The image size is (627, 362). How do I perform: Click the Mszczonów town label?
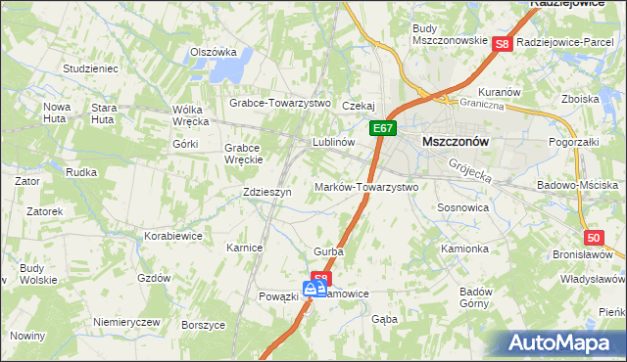(x=455, y=141)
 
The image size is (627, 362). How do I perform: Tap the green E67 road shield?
(x=383, y=129)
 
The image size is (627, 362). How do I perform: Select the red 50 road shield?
(x=594, y=238)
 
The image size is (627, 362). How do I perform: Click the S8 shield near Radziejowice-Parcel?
(x=502, y=44)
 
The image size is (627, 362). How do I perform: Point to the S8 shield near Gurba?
(x=321, y=279)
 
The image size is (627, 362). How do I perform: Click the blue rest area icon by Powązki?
(x=314, y=289)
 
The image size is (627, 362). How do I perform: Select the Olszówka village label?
(x=214, y=52)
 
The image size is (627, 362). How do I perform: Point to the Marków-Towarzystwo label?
(x=366, y=187)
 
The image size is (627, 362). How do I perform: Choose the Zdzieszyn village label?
(x=267, y=193)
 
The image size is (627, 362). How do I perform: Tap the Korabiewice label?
(x=172, y=237)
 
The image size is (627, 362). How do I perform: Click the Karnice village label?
(x=244, y=248)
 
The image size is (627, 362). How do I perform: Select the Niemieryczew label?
(x=125, y=322)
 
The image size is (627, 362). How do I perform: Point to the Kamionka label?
(x=464, y=249)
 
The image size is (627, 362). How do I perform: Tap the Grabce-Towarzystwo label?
(x=280, y=103)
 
